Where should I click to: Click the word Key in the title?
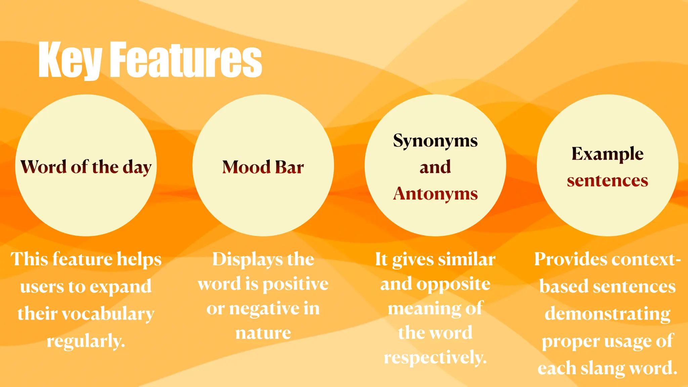pos(70,60)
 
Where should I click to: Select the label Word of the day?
pos(86,167)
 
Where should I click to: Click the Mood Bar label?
pos(263,167)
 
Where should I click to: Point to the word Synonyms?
pos(435,141)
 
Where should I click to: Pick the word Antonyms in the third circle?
pos(435,194)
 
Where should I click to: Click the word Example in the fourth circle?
pos(607,154)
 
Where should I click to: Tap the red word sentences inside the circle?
pos(607,181)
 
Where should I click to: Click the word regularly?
pos(86,341)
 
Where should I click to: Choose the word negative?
pos(263,308)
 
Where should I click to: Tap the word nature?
pos(263,333)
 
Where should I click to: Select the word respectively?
pos(435,357)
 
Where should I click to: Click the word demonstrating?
pos(607,314)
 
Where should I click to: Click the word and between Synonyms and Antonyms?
pos(435,167)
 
